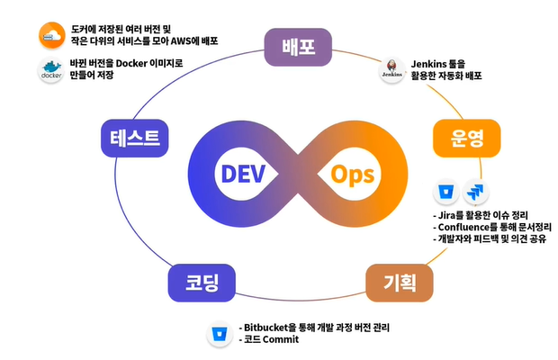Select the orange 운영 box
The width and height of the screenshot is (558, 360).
[x=464, y=138]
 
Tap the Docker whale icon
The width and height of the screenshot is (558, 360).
[x=50, y=70]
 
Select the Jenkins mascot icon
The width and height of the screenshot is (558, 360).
[x=391, y=70]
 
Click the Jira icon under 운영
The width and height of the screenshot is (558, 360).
[x=474, y=192]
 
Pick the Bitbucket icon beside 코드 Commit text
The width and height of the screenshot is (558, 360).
[x=219, y=333]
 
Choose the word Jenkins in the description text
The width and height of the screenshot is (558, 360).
[x=430, y=63]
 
